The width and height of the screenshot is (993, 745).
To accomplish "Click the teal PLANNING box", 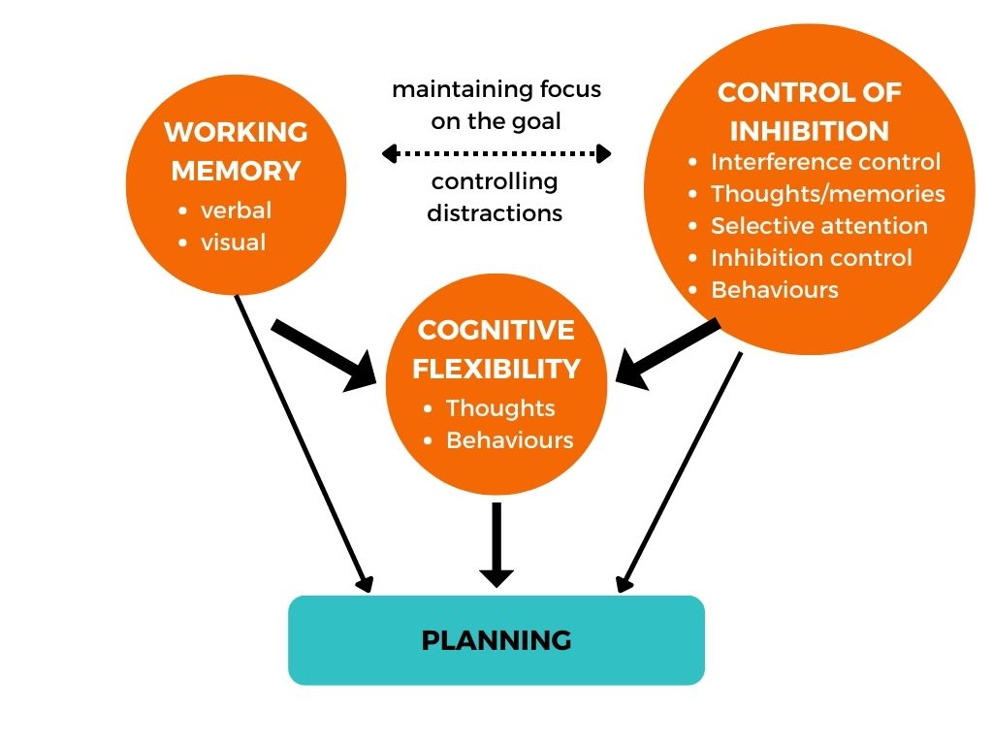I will pyautogui.click(x=496, y=640).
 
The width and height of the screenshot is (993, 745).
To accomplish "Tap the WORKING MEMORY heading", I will pyautogui.click(x=236, y=151).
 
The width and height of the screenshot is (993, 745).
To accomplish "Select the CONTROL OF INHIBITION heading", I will pyautogui.click(x=809, y=112).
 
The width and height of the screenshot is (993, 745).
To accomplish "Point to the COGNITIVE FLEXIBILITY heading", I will pyautogui.click(x=496, y=349).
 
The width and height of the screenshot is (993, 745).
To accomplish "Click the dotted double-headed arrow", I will pyautogui.click(x=496, y=153).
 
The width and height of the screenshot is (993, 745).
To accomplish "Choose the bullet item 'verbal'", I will pyautogui.click(x=236, y=211).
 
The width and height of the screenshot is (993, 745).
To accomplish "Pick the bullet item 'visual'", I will pyautogui.click(x=233, y=242).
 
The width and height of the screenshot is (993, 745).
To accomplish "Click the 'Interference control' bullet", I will pyautogui.click(x=825, y=162).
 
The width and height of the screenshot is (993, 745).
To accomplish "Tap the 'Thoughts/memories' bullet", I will pyautogui.click(x=827, y=194).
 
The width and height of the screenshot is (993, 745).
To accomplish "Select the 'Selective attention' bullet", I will pyautogui.click(x=818, y=226).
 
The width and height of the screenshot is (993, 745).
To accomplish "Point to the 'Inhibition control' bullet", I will pyautogui.click(x=811, y=258).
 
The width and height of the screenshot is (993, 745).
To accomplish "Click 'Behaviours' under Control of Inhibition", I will pyautogui.click(x=774, y=290).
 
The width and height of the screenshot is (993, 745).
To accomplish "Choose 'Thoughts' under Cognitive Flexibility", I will pyautogui.click(x=500, y=408).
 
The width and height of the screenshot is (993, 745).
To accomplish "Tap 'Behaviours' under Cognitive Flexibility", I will pyautogui.click(x=509, y=440).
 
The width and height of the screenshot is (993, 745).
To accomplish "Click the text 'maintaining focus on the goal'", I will pyautogui.click(x=496, y=105).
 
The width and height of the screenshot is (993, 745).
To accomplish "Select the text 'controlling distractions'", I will pyautogui.click(x=496, y=197).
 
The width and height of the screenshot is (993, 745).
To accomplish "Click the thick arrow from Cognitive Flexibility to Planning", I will pyautogui.click(x=496, y=543).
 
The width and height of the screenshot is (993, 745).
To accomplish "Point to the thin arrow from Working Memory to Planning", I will pyautogui.click(x=302, y=441).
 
